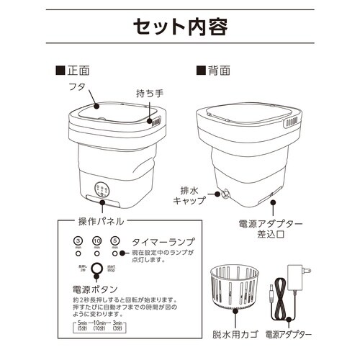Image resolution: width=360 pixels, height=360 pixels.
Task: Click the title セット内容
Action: click(180, 27)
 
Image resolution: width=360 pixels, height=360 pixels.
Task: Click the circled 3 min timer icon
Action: click(78, 240)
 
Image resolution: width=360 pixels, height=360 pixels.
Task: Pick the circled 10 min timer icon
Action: click(96, 240)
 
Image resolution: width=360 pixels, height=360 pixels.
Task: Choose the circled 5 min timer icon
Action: click(114, 240)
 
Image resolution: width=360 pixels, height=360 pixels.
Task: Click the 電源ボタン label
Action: click(95, 288)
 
